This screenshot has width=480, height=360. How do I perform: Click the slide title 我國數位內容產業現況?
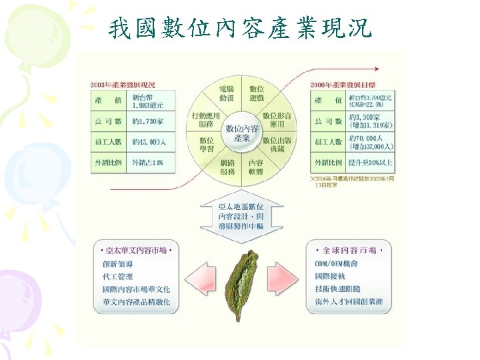241,28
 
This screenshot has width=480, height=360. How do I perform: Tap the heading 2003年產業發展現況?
123,85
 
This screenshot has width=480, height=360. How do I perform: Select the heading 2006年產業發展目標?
343,85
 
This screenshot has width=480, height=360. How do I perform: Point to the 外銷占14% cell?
148,163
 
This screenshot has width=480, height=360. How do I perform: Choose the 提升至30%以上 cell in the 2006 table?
371,163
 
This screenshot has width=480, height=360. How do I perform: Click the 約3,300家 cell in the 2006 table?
371,121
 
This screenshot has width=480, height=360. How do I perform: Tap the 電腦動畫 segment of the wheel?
227,93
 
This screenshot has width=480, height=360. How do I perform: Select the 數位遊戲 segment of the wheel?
257,93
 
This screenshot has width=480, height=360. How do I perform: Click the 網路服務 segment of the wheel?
227,167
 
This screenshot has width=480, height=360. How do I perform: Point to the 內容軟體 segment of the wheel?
257,167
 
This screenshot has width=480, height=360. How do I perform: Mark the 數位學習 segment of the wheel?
206,143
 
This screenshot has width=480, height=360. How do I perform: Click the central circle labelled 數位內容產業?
241,132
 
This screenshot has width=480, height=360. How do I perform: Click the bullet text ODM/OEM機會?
340,264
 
